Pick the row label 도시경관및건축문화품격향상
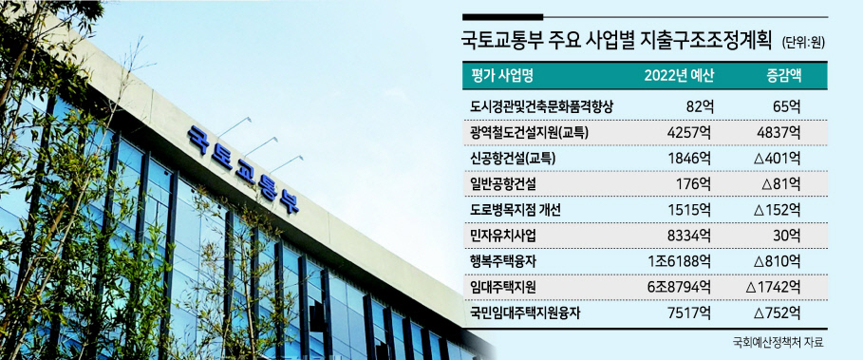pyautogui.click(x=542, y=106)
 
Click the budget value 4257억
pyautogui.click(x=691, y=132)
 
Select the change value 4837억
pyautogui.click(x=779, y=132)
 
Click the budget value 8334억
pyautogui.click(x=691, y=236)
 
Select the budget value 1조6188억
pyautogui.click(x=681, y=261)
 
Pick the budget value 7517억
pyautogui.click(x=691, y=313)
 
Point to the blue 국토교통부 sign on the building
pyautogui.click(x=243, y=169)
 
